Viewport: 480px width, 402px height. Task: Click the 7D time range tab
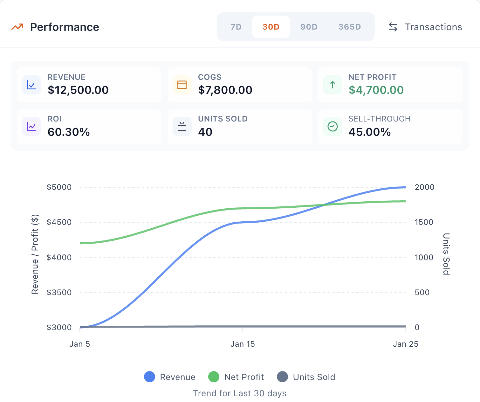[236, 27]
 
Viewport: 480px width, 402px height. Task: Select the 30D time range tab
[271, 27]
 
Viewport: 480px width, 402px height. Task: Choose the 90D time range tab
[309, 27]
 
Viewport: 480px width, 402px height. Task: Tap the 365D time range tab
[350, 27]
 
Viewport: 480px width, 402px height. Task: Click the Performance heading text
[65, 27]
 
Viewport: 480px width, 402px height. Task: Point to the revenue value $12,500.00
[78, 90]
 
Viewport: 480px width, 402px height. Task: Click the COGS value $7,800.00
[225, 90]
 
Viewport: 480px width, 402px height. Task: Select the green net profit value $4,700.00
[376, 90]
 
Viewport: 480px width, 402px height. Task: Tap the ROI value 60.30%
[69, 132]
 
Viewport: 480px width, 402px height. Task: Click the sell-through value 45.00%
[370, 132]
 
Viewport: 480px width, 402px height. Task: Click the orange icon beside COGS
[182, 85]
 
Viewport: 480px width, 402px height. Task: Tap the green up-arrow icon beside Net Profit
[333, 85]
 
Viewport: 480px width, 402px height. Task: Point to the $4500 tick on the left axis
[59, 222]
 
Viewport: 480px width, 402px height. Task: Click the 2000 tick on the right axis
[424, 187]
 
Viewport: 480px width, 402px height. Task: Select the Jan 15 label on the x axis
[243, 344]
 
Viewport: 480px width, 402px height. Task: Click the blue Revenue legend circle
[149, 377]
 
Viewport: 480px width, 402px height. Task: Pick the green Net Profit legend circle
[214, 377]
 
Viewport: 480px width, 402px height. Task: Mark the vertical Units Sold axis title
[446, 254]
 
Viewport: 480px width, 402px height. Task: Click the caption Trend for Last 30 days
[240, 393]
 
